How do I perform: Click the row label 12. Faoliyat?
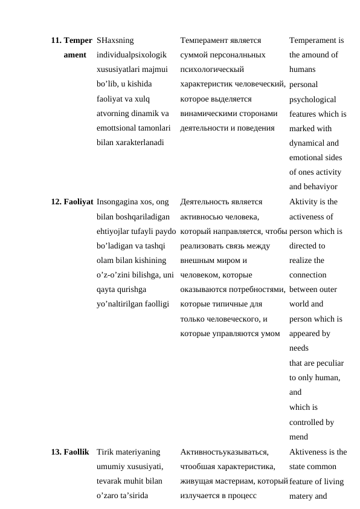72,202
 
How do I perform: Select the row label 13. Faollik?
70,452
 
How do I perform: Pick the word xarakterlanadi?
123,143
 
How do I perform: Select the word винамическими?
208,114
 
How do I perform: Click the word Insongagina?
119,202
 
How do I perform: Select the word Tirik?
106,452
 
